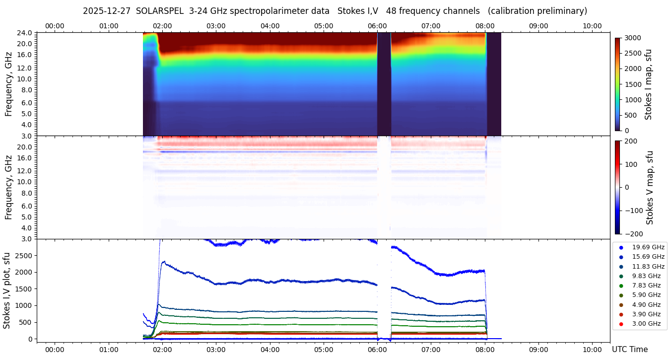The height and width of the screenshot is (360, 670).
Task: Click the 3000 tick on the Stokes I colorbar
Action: click(x=633, y=38)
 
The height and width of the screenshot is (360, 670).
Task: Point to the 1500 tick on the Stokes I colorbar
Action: click(x=633, y=84)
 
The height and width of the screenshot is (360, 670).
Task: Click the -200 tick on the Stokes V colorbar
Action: click(x=634, y=234)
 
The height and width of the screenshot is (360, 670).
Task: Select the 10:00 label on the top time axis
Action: click(x=592, y=26)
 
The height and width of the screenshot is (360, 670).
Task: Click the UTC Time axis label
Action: click(x=630, y=350)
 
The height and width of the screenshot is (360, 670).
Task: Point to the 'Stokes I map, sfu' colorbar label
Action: click(x=648, y=84)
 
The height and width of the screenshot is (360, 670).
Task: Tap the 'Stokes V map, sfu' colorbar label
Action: click(x=650, y=188)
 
